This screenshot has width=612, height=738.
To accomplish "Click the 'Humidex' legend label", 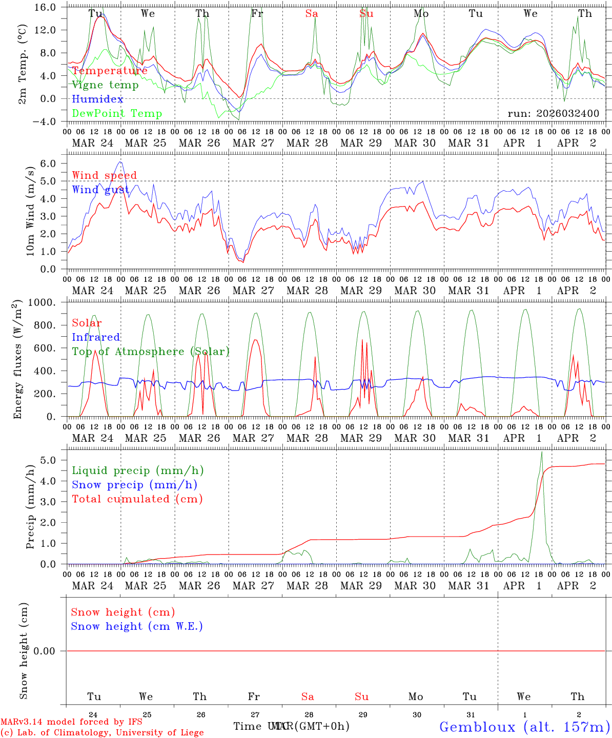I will tap(97, 99).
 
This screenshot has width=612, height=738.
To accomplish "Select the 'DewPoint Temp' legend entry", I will tap(117, 114).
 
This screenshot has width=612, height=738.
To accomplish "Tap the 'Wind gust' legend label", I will tap(100, 190).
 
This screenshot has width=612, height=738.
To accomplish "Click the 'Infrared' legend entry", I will tap(96, 337).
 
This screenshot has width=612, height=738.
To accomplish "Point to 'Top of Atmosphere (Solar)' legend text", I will tap(151, 352).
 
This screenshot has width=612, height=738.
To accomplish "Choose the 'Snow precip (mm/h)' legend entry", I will tap(134, 485).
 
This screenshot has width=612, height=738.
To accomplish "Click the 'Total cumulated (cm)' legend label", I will tap(137, 499).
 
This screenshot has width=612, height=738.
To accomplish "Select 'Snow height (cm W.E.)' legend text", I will tap(137, 626).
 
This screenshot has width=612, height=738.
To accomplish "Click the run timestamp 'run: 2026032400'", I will tap(553, 114).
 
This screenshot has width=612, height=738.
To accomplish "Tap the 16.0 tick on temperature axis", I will tap(47, 8).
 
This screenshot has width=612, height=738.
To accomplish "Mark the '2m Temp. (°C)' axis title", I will tap(23, 64).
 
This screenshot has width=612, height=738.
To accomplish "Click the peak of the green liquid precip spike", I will tap(542, 452).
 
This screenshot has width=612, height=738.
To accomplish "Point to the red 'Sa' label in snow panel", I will tap(308, 697).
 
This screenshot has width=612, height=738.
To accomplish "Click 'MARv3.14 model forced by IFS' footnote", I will tap(71, 722).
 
